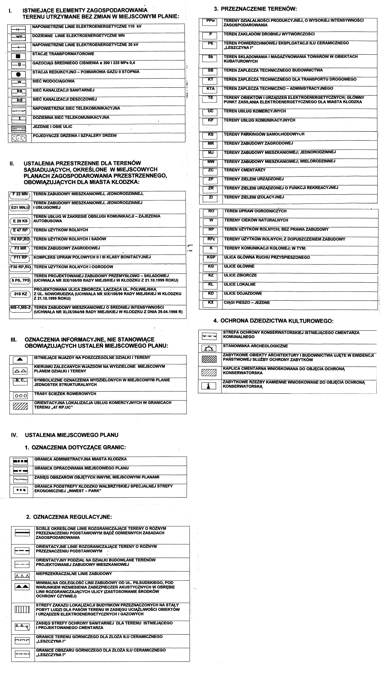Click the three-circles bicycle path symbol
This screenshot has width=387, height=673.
pos(20,396)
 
